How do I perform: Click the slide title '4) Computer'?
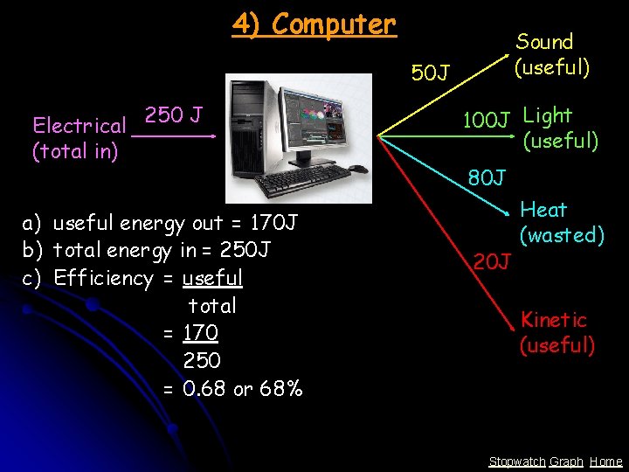(314, 24)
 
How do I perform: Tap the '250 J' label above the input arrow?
(174, 115)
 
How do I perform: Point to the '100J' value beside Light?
(486, 120)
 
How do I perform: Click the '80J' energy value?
(487, 178)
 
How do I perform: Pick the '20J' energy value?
(492, 260)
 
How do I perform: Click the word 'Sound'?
(544, 42)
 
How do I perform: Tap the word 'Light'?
(547, 115)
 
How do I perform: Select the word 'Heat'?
(543, 210)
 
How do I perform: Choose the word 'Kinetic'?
(554, 320)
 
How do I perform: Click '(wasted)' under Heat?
(562, 235)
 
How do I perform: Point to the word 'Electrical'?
(79, 127)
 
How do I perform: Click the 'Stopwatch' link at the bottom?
(517, 462)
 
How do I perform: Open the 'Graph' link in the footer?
(566, 462)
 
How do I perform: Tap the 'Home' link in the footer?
(605, 462)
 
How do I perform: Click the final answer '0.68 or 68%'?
(243, 388)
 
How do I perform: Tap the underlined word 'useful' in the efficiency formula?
(212, 278)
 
